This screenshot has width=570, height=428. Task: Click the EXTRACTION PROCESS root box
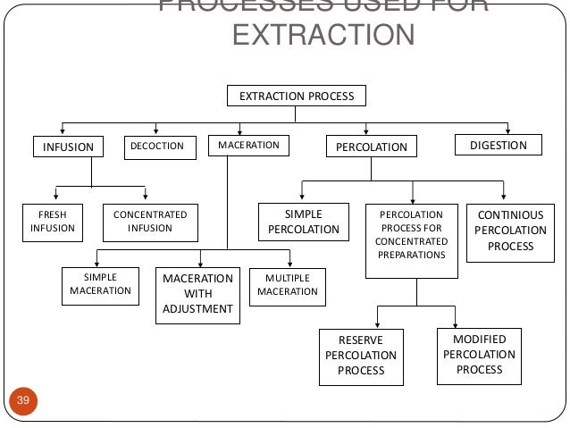[296, 95]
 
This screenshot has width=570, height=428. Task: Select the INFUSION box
[69, 147]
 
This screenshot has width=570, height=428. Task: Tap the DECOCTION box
[158, 146]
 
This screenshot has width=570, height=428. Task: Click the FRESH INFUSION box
[51, 222]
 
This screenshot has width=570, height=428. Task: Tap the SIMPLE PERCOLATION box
[303, 222]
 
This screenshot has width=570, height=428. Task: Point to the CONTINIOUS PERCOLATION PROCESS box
[505, 231]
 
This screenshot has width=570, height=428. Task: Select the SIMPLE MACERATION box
[100, 284]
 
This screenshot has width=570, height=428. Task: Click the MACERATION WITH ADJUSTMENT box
[197, 294]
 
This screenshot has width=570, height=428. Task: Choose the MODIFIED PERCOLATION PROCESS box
[480, 354]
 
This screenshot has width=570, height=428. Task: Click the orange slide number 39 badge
[23, 399]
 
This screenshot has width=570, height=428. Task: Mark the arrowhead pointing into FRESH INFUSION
[57, 197]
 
